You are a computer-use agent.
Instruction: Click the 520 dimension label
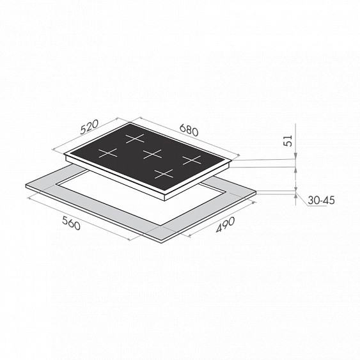point(90,127)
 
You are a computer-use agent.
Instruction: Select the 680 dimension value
point(189,130)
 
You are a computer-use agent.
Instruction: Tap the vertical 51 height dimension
point(288,141)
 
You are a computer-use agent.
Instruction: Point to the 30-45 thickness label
point(321,200)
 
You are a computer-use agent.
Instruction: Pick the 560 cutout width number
point(71,223)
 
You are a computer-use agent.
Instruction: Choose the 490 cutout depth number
point(226,224)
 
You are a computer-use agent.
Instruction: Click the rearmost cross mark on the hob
point(135,139)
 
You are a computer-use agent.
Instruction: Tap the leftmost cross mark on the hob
point(107,153)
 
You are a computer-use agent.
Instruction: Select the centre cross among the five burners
point(152,154)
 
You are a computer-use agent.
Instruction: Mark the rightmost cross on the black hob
point(192,160)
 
